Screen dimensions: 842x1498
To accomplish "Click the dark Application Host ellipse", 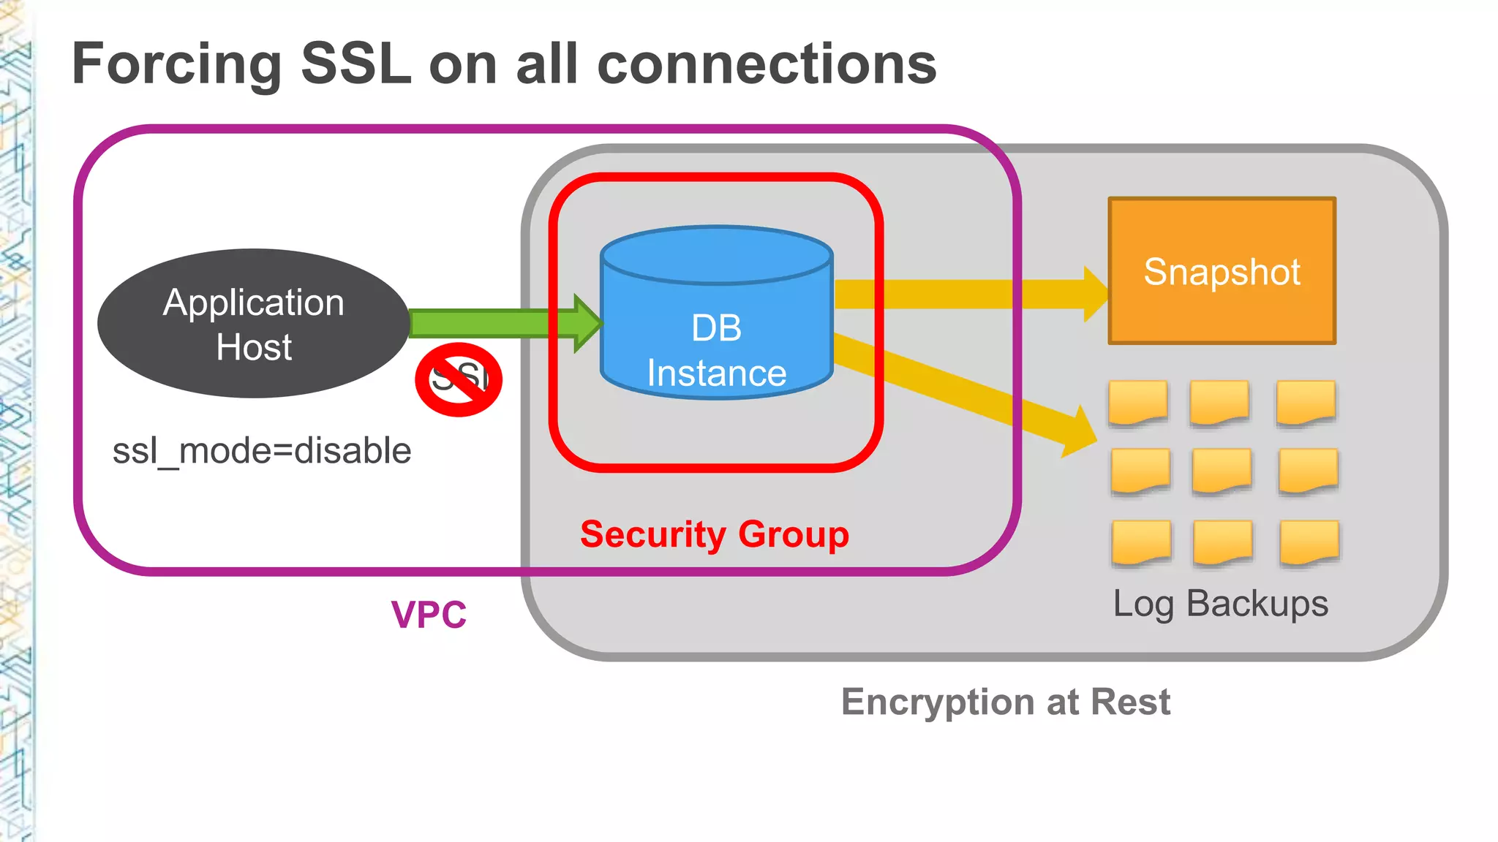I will click(253, 324).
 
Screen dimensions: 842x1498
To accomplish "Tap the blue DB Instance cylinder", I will click(716, 322).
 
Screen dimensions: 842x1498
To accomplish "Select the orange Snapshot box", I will click(1222, 270).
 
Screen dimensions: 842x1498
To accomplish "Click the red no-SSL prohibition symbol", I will click(459, 379).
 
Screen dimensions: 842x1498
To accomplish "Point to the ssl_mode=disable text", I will click(261, 450).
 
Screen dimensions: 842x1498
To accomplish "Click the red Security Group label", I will click(714, 534).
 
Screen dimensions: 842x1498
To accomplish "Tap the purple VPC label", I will click(429, 615).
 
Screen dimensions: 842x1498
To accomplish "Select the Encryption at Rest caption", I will click(1005, 702).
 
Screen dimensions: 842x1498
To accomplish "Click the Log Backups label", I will click(1220, 604).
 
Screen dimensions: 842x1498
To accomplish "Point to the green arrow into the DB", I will click(497, 323).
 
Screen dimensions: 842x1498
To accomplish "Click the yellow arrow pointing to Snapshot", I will click(966, 294).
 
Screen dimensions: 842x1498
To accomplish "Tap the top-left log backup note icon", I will click(1137, 402).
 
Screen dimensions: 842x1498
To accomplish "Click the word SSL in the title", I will click(356, 64).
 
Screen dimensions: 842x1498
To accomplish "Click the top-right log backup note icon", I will click(1306, 402).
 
